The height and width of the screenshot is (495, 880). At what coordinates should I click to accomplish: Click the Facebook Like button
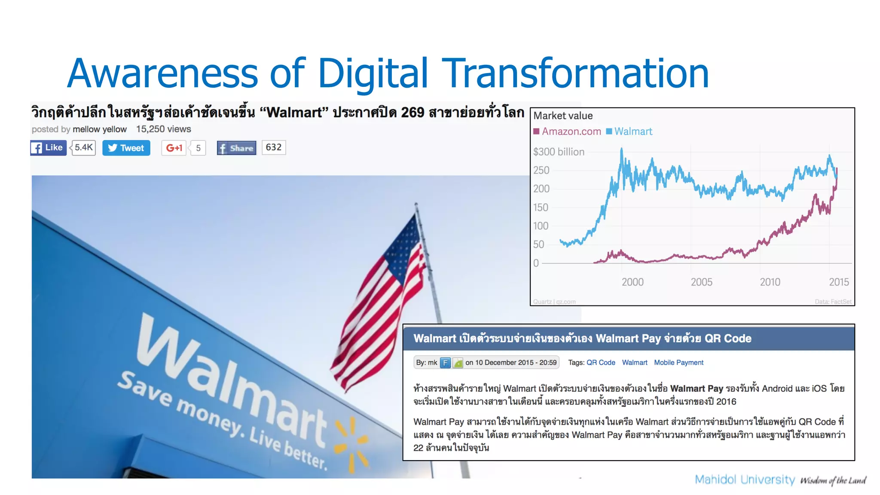click(x=48, y=148)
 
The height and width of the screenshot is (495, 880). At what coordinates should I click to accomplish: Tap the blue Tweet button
click(x=126, y=148)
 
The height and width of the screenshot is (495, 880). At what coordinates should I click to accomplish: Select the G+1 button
click(x=174, y=148)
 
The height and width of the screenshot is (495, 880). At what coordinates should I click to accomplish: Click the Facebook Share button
click(x=236, y=148)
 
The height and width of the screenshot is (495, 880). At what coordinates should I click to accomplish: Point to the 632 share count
click(x=274, y=147)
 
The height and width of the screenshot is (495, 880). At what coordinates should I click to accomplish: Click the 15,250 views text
click(x=163, y=129)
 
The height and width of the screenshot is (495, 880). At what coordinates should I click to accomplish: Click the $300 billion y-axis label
click(x=559, y=152)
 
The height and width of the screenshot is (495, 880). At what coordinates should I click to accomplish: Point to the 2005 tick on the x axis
click(x=701, y=282)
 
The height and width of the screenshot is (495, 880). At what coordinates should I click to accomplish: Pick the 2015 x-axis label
click(x=838, y=282)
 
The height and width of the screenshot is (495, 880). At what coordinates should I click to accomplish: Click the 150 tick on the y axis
click(x=541, y=208)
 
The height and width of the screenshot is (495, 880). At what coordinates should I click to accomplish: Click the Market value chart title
click(x=563, y=116)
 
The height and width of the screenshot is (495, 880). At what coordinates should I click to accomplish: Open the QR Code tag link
click(x=601, y=363)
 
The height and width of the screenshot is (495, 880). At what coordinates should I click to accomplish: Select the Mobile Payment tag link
click(x=678, y=363)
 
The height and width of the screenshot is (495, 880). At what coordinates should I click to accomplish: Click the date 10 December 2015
click(x=504, y=363)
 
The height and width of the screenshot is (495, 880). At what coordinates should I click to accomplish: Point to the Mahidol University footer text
click(x=745, y=480)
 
